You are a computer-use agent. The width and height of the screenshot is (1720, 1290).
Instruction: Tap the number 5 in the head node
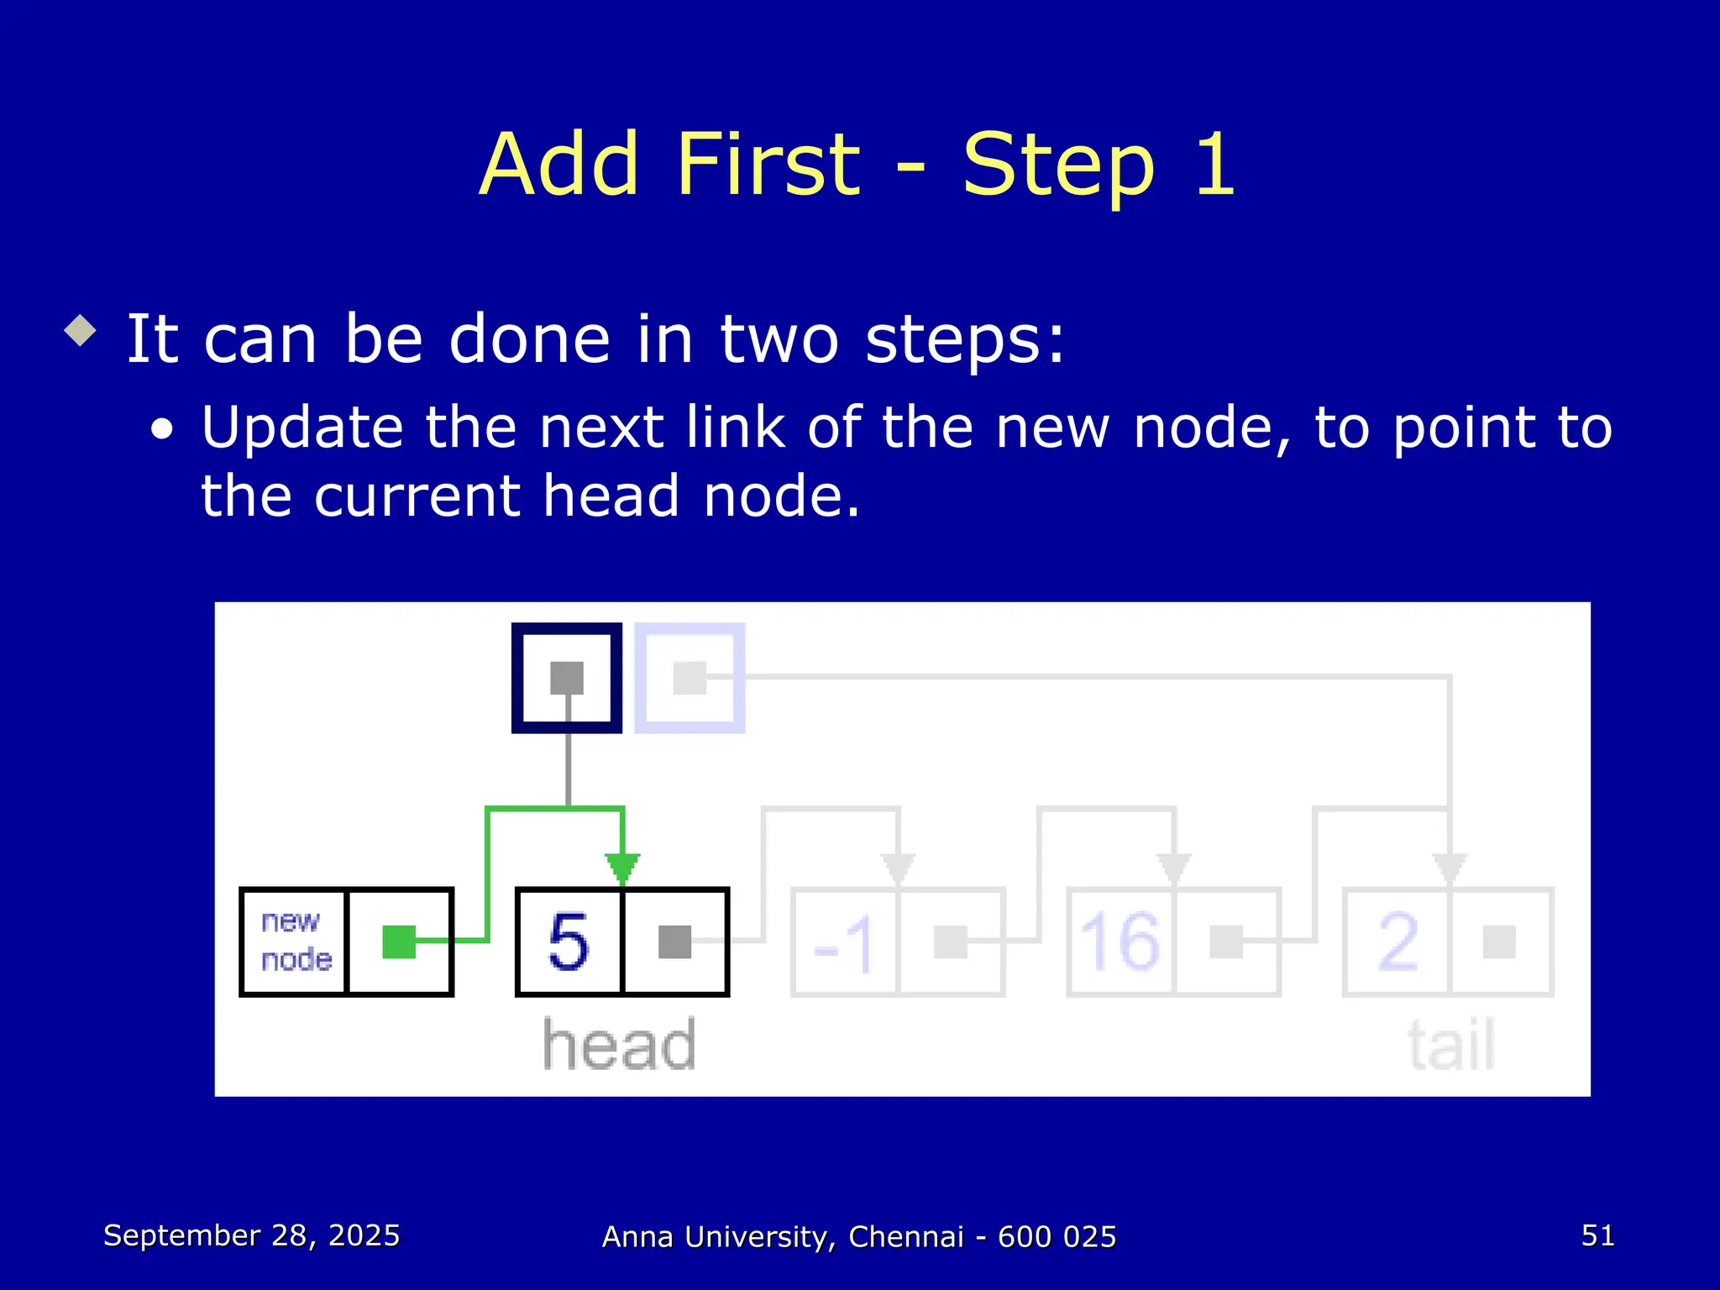tap(569, 941)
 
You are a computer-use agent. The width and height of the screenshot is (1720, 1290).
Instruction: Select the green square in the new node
tap(399, 941)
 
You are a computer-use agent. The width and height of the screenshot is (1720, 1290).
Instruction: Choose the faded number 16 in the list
tap(1120, 941)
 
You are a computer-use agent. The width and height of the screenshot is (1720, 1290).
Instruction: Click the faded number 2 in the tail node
tap(1397, 941)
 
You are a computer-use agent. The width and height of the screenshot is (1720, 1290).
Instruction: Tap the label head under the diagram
tap(619, 1045)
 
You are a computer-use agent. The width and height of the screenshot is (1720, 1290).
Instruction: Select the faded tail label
tap(1451, 1045)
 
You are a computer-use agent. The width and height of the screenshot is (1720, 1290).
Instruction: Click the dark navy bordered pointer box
tap(567, 678)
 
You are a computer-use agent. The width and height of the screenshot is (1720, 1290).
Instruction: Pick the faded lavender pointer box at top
tap(690, 678)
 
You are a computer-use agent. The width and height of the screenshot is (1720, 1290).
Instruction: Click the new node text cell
tap(295, 941)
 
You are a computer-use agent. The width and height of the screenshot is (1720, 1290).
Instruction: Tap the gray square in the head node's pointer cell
tap(674, 941)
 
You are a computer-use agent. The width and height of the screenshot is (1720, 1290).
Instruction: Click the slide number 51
tap(1597, 1235)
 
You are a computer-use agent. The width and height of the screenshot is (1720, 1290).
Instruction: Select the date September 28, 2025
tap(251, 1235)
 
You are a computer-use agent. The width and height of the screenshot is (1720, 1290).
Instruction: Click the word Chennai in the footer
tap(905, 1236)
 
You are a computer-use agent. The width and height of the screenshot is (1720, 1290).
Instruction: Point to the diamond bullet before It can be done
tap(81, 330)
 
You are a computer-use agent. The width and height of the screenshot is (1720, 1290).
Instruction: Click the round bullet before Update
tap(162, 430)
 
